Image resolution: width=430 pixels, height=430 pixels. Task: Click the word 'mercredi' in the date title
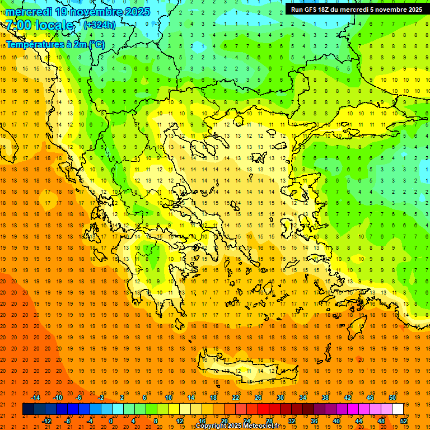click(x=28, y=12)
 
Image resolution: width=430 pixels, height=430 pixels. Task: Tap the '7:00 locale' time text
click(x=40, y=25)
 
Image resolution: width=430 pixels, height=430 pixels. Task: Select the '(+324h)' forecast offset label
click(x=100, y=25)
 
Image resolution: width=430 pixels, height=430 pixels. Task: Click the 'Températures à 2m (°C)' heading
click(x=55, y=45)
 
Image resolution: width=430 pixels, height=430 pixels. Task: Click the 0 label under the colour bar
click(x=111, y=420)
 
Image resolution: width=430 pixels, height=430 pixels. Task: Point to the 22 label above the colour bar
click(x=236, y=398)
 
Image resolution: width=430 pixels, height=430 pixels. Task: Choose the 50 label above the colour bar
click(x=392, y=398)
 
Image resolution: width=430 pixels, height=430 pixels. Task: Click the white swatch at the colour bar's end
click(x=398, y=409)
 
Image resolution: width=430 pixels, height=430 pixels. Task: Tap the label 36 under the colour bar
click(x=314, y=420)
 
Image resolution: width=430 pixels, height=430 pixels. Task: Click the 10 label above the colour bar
click(x=169, y=398)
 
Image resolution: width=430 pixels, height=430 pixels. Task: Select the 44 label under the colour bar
click(x=359, y=420)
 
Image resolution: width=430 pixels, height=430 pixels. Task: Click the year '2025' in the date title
click(x=133, y=12)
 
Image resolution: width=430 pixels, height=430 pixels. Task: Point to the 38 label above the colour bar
click(x=325, y=398)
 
